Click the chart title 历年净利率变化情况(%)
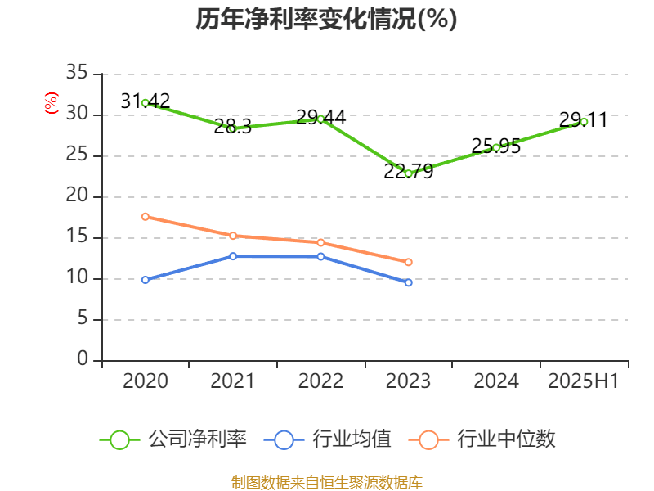[x=326, y=19]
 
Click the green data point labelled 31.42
[x=146, y=103]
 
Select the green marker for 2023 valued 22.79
[x=408, y=173]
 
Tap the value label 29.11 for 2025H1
[x=583, y=120]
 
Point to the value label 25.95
[x=495, y=146]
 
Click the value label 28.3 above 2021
[x=232, y=126]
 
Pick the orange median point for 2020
[x=146, y=217]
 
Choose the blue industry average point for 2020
[x=146, y=280]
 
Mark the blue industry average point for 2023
[x=408, y=282]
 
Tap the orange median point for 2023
[x=408, y=262]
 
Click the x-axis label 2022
[x=320, y=381]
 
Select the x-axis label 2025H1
[x=583, y=381]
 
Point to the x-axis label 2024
[x=495, y=381]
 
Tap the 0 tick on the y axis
[x=83, y=360]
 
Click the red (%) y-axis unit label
[x=52, y=103]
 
